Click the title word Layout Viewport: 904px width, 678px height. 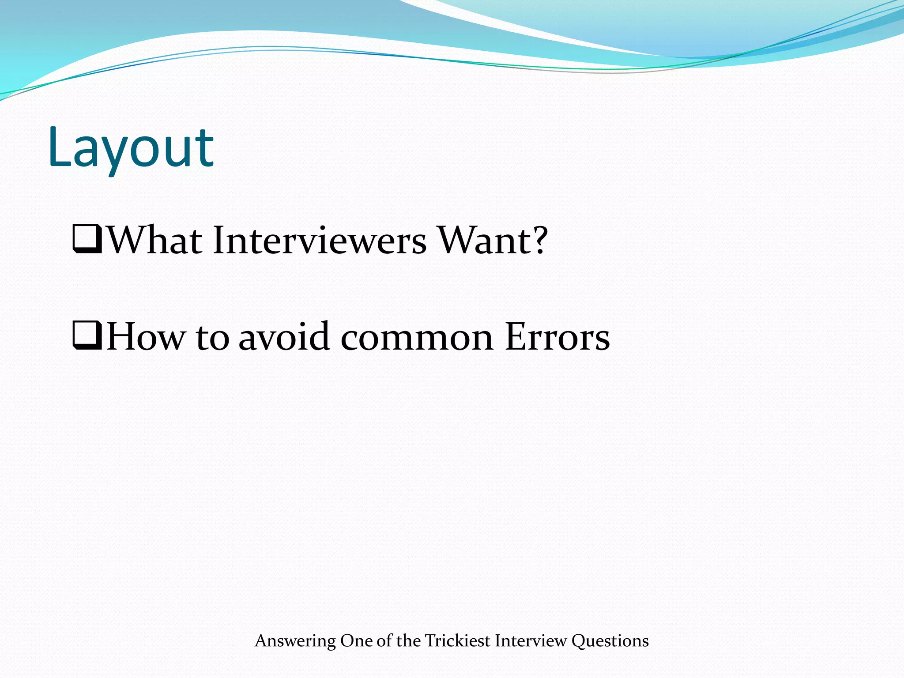tap(131, 148)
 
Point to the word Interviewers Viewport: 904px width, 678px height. tap(320, 241)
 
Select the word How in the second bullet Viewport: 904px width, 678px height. tap(146, 337)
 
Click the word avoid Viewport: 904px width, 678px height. tap(284, 337)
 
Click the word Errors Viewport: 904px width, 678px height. tap(557, 337)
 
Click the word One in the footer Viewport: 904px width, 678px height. tap(356, 640)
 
